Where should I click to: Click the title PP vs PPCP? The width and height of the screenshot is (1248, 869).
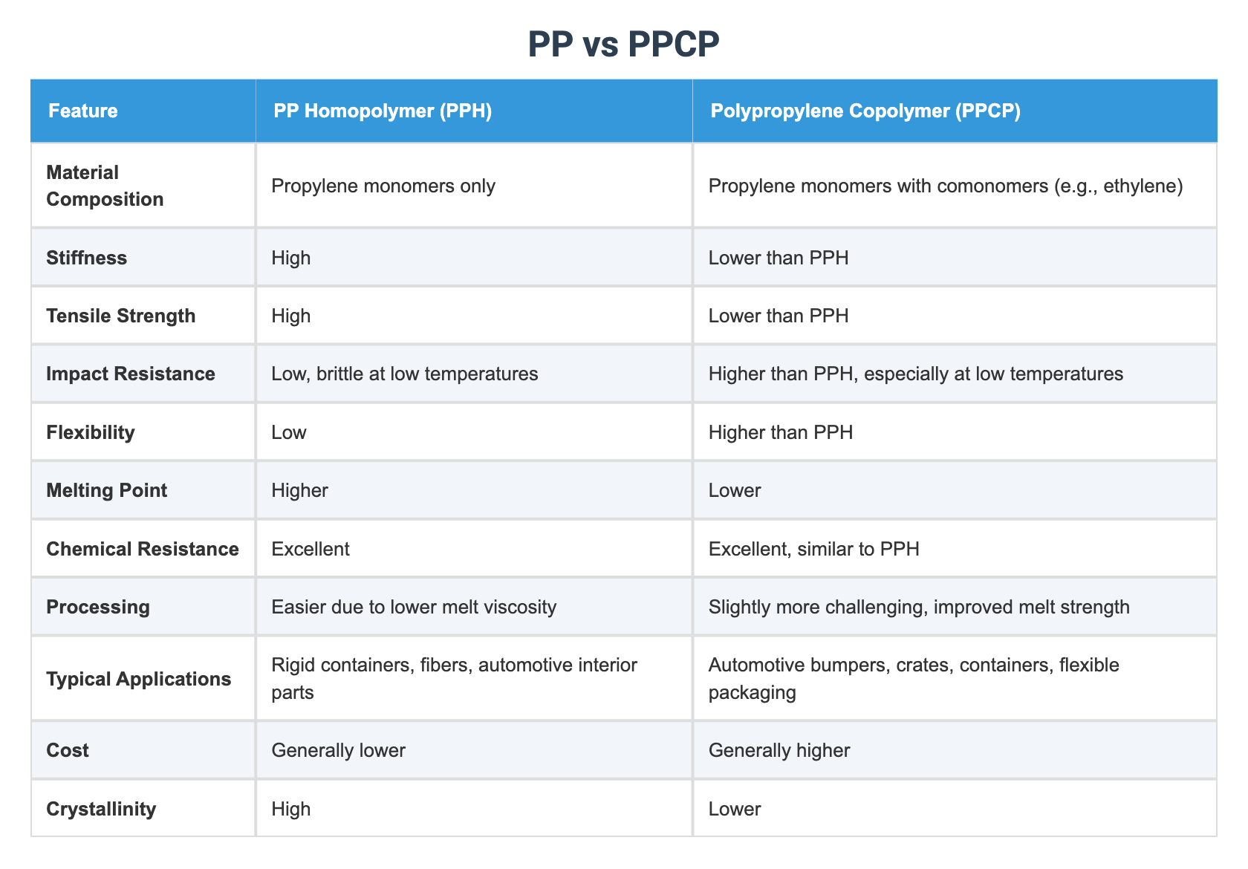pyautogui.click(x=623, y=45)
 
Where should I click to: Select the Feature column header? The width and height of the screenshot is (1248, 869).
pyautogui.click(x=82, y=111)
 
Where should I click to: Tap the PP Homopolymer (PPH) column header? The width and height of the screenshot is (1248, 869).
pyautogui.click(x=383, y=111)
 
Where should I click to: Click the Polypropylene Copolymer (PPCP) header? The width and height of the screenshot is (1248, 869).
pyautogui.click(x=865, y=111)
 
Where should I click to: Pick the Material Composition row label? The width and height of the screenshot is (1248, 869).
pyautogui.click(x=105, y=186)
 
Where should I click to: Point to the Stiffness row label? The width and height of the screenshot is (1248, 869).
pyautogui.click(x=86, y=258)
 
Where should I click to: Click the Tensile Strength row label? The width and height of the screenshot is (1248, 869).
pyautogui.click(x=120, y=316)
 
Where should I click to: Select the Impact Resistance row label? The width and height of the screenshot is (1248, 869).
pyautogui.click(x=130, y=374)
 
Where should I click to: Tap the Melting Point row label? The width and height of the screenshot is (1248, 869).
pyautogui.click(x=106, y=490)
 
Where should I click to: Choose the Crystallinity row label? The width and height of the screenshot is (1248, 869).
pyautogui.click(x=101, y=809)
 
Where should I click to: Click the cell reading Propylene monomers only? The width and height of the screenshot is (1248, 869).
pyautogui.click(x=383, y=186)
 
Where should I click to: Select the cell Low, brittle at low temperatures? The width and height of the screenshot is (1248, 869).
pyautogui.click(x=405, y=374)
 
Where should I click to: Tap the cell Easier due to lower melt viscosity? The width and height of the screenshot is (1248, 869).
pyautogui.click(x=414, y=607)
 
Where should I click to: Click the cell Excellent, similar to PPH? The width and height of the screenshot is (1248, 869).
pyautogui.click(x=813, y=549)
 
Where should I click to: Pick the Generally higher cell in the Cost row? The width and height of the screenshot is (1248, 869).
pyautogui.click(x=779, y=750)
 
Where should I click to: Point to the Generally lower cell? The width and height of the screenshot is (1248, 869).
pyautogui.click(x=339, y=750)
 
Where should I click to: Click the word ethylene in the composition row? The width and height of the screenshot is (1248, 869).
pyautogui.click(x=1141, y=186)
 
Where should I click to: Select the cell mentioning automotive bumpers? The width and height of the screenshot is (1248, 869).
pyautogui.click(x=913, y=679)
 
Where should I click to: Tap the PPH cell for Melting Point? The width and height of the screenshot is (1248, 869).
pyautogui.click(x=299, y=490)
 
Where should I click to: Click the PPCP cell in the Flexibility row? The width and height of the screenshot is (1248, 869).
pyautogui.click(x=781, y=432)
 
